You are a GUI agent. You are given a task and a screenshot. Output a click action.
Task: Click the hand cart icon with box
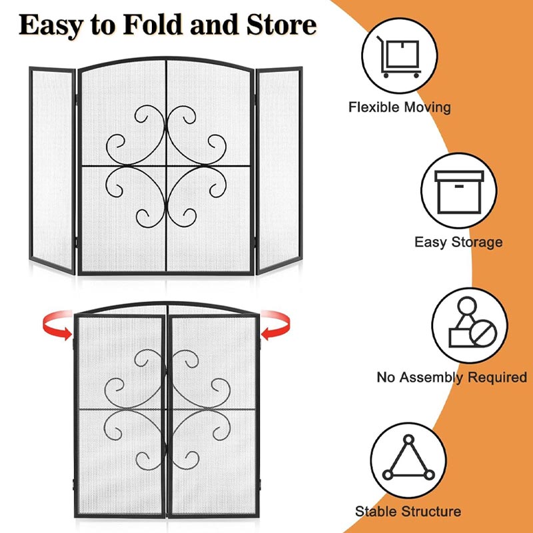[x=399, y=57]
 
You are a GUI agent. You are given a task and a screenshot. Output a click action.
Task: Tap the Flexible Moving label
[x=400, y=107]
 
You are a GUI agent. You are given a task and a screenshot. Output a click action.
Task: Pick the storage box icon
[x=459, y=192]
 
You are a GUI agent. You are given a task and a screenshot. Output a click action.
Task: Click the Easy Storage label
[x=458, y=242]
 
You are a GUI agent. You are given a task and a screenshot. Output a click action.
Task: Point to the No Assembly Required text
[x=452, y=377]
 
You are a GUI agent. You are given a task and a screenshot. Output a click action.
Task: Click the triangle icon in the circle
[x=408, y=459]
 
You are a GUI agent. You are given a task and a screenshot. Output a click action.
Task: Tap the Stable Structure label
[x=408, y=512]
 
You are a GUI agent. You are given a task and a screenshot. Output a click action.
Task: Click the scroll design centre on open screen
[x=166, y=165]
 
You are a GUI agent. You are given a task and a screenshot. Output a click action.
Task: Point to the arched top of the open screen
[x=166, y=60]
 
